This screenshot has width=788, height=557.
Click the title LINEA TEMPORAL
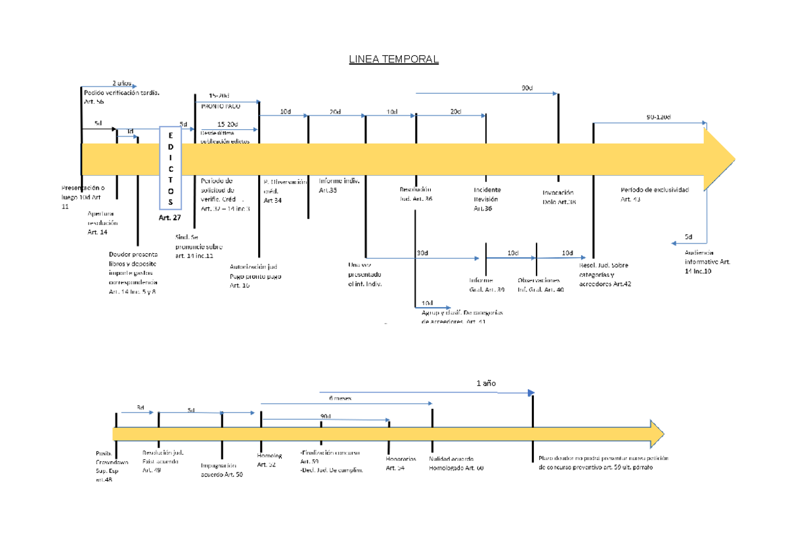coord(393,60)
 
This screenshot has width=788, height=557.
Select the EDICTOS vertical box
coord(171,167)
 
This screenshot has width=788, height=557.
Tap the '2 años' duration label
coord(121,83)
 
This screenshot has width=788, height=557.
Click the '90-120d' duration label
coord(658,117)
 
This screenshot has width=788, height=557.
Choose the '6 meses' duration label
coord(339,398)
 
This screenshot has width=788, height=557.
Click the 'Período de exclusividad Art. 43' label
coord(654,194)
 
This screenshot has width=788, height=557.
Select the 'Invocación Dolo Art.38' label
coord(559,197)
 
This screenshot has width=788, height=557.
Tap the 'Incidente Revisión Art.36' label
coord(486,199)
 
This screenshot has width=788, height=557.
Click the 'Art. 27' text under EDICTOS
coord(169,217)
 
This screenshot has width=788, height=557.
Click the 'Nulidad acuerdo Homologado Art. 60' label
coord(456,464)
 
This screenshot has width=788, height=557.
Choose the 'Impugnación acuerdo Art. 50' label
coord(222,470)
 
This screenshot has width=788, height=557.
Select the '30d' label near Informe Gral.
coord(422,253)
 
